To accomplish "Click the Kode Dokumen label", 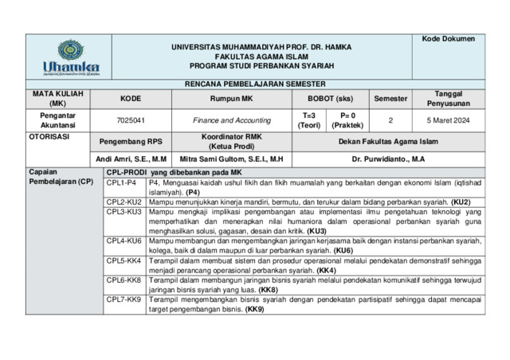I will click(448, 39).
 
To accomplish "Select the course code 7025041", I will click(131, 120).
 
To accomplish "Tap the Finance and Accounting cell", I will click(231, 120).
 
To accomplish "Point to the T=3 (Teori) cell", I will click(309, 120).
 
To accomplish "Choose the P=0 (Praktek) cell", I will click(347, 120).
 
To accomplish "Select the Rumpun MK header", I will click(231, 99).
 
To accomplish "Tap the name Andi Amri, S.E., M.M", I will click(131, 159).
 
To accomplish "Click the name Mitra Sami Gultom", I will click(231, 159).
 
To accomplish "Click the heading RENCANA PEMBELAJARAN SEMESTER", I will click(255, 84).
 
